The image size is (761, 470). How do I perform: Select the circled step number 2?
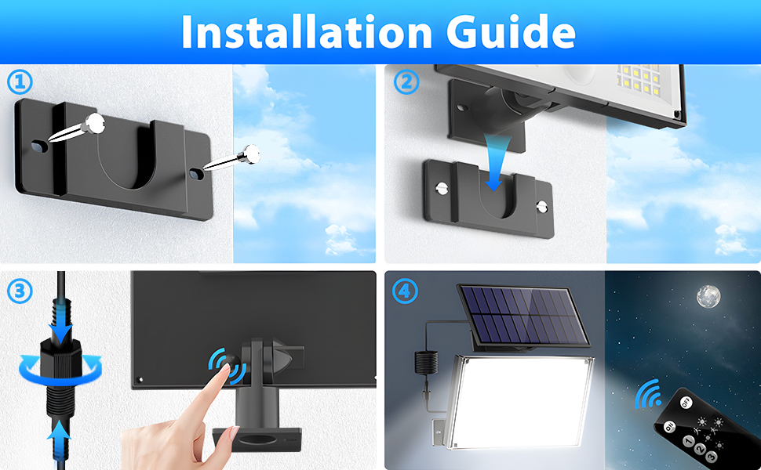(405, 81)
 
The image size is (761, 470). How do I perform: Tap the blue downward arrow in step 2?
(493, 168)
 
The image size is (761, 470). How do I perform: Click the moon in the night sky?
(707, 296)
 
